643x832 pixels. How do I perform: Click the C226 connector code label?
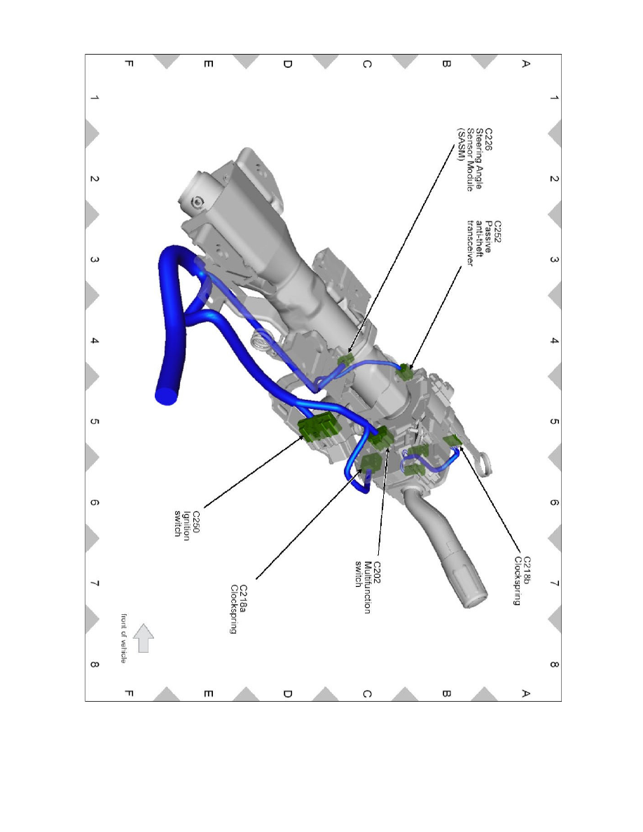(488, 139)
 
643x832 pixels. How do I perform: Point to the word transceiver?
(469, 244)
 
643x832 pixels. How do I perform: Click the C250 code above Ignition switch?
(196, 522)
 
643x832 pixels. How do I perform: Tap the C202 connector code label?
(377, 573)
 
